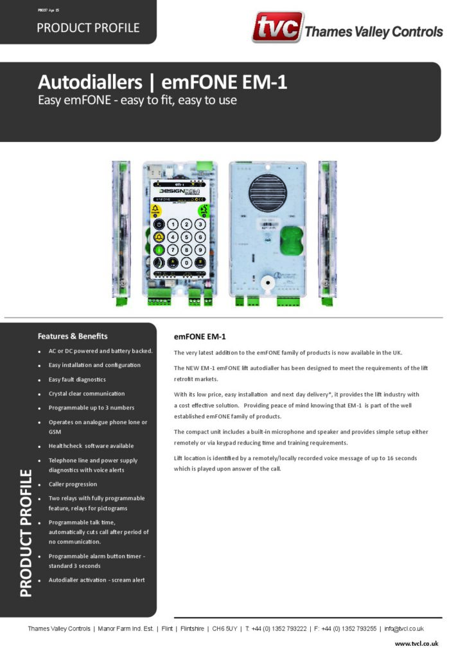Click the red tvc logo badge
[276, 28]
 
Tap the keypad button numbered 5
[186, 237]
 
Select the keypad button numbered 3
[200, 224]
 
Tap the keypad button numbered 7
[172, 250]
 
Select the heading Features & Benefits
[73, 336]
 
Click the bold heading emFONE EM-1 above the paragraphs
[200, 337]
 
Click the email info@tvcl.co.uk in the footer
[404, 628]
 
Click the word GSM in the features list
[55, 432]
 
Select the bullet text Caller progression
[73, 484]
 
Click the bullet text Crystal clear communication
[86, 393]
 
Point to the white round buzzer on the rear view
[265, 282]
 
